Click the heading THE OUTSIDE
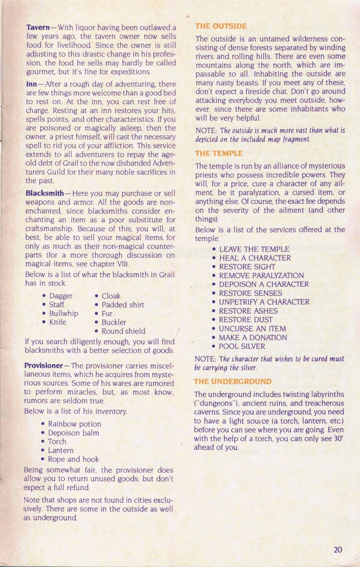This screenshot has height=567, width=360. point(221,26)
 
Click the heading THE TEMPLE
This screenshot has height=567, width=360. point(219,153)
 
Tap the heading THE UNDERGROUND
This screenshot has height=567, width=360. point(233,382)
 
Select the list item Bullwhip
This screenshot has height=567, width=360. point(64,313)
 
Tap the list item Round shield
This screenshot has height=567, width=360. point(123,331)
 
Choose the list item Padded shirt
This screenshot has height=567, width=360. point(123,305)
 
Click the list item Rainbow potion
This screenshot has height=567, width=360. point(74,424)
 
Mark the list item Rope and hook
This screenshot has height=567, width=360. point(74,459)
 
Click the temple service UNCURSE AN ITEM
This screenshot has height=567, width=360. point(252,329)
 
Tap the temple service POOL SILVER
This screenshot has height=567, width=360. point(242,346)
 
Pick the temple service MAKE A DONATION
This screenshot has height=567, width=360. point(253,337)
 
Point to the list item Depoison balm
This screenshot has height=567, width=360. point(74,433)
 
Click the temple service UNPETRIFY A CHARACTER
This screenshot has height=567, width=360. point(264,302)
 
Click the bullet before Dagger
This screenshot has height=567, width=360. point(43,296)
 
